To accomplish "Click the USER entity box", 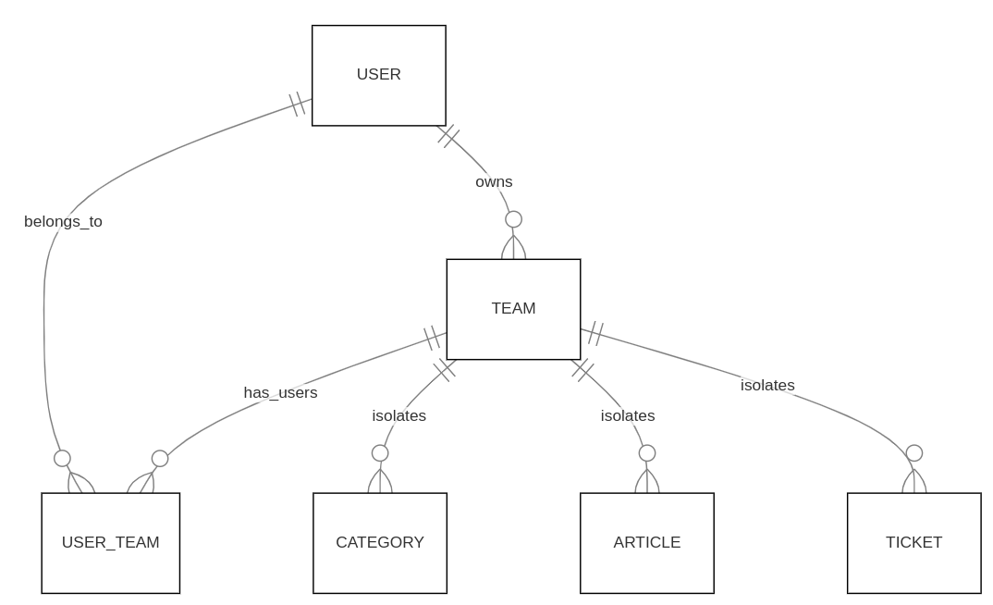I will tap(378, 75).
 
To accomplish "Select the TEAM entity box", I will tap(513, 309).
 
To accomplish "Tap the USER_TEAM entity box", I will tap(110, 543).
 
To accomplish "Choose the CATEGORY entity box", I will tap(379, 543).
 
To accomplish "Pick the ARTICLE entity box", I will tap(646, 543).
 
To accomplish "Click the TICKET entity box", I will tap(913, 543).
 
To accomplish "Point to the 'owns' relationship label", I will tap(494, 182).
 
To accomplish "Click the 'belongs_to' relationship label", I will tap(63, 222).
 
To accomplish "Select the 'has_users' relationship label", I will tap(280, 393).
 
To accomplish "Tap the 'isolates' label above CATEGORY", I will tap(398, 416).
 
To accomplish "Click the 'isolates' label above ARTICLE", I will tap(628, 416).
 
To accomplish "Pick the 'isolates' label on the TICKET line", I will tap(767, 386).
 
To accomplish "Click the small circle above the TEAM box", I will tap(513, 219).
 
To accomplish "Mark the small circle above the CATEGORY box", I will tap(380, 453).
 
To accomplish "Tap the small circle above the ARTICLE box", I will tap(647, 453).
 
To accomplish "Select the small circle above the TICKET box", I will tap(913, 453).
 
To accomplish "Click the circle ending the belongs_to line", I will tap(62, 458).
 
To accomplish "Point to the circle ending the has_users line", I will tap(160, 459).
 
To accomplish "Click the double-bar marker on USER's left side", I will tap(297, 105).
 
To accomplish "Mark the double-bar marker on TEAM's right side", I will tap(595, 333).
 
